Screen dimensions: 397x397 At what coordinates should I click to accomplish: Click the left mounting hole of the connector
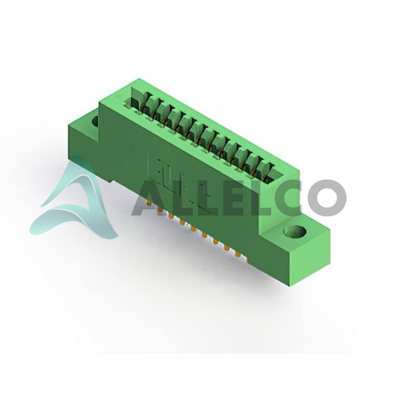[x=95, y=121]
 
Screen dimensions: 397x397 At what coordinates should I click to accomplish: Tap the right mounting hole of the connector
[x=294, y=231]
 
